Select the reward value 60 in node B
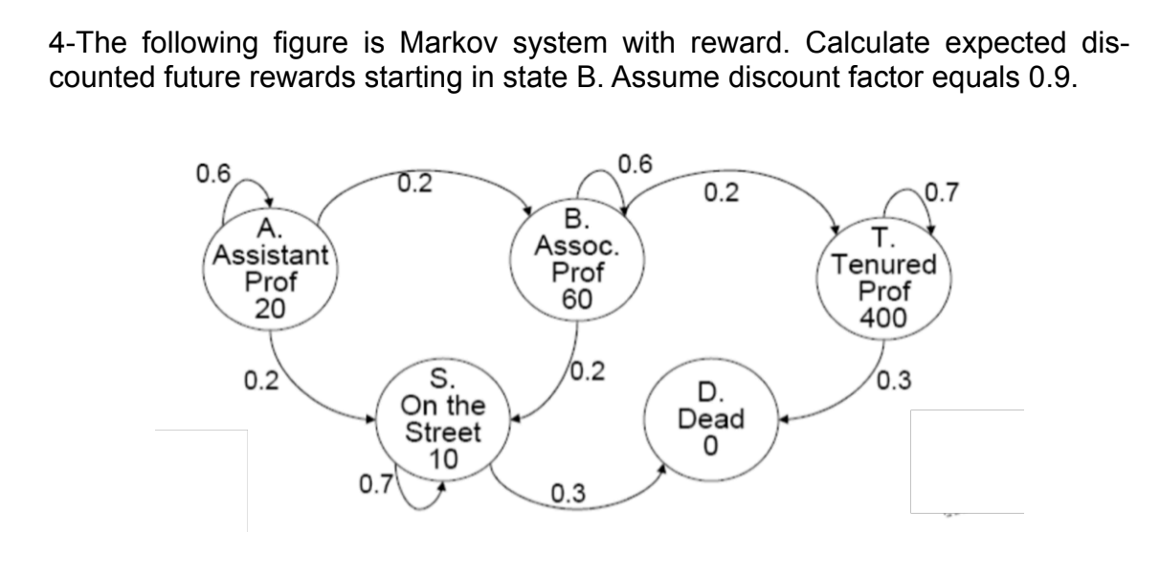point(577,299)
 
